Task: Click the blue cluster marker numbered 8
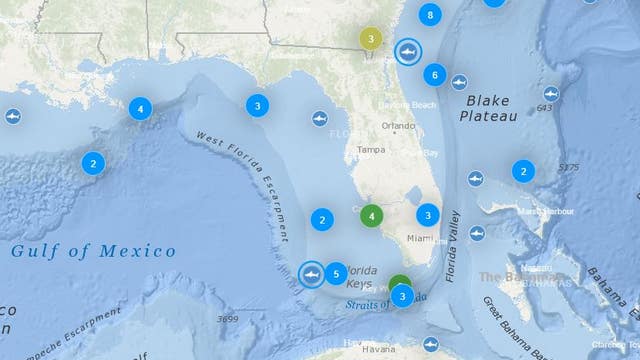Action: click(x=430, y=15)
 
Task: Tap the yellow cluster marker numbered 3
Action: click(x=371, y=39)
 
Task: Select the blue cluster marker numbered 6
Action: click(x=434, y=74)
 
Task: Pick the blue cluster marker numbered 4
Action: click(x=140, y=108)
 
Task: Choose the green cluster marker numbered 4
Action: click(x=372, y=215)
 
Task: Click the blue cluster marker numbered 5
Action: click(x=337, y=272)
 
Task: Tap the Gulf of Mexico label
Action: click(x=93, y=251)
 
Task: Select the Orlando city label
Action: click(x=398, y=126)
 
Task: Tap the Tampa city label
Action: click(x=371, y=150)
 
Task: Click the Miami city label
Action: click(x=418, y=238)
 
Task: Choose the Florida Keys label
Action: click(x=361, y=277)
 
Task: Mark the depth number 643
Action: click(x=544, y=108)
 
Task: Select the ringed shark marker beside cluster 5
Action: click(x=312, y=272)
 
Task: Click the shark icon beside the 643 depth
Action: click(x=551, y=93)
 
